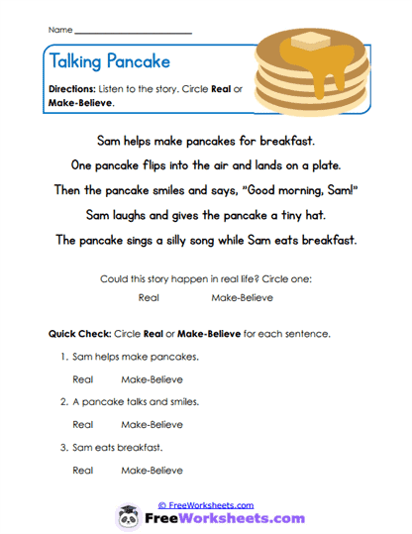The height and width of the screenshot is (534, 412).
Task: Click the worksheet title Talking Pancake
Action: (x=109, y=61)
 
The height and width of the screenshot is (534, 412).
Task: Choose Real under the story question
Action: (x=150, y=297)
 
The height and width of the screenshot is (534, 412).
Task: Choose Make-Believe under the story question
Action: (x=243, y=297)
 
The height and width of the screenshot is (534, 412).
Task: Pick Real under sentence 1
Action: (x=83, y=378)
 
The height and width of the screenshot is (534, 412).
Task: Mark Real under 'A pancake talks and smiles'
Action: (x=83, y=424)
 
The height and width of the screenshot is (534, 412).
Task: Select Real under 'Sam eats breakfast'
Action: (x=83, y=470)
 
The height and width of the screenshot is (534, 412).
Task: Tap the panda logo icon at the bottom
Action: (x=127, y=517)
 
